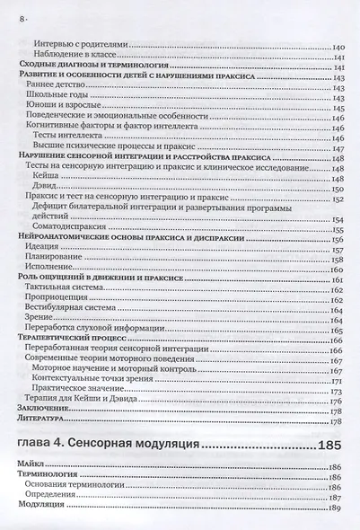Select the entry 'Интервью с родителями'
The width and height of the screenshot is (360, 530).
tap(82, 46)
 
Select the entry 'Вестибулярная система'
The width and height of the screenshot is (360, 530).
tap(75, 311)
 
